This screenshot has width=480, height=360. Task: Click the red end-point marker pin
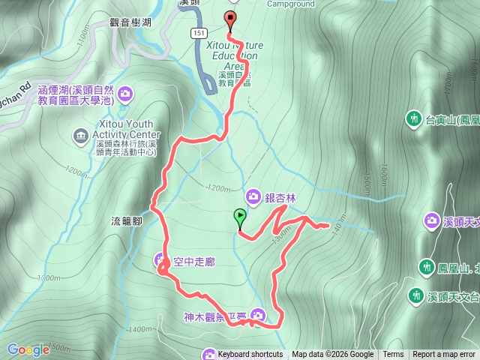229,20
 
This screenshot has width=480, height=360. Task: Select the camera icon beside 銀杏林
254,197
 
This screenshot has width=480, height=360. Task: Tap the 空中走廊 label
194,262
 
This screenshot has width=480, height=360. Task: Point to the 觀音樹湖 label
130,22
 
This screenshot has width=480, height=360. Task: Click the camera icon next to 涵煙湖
125,94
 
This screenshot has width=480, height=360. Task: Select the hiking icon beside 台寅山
413,118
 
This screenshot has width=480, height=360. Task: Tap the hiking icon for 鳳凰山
427,266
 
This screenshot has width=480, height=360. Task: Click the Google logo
28,349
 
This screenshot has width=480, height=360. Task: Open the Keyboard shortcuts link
250,355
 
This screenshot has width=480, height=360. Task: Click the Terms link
393,355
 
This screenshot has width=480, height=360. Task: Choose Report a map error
444,355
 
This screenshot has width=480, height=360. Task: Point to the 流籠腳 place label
126,220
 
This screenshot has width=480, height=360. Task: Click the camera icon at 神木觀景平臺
258,316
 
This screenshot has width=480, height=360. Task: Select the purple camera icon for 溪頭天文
432,220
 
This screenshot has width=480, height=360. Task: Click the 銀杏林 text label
280,198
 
